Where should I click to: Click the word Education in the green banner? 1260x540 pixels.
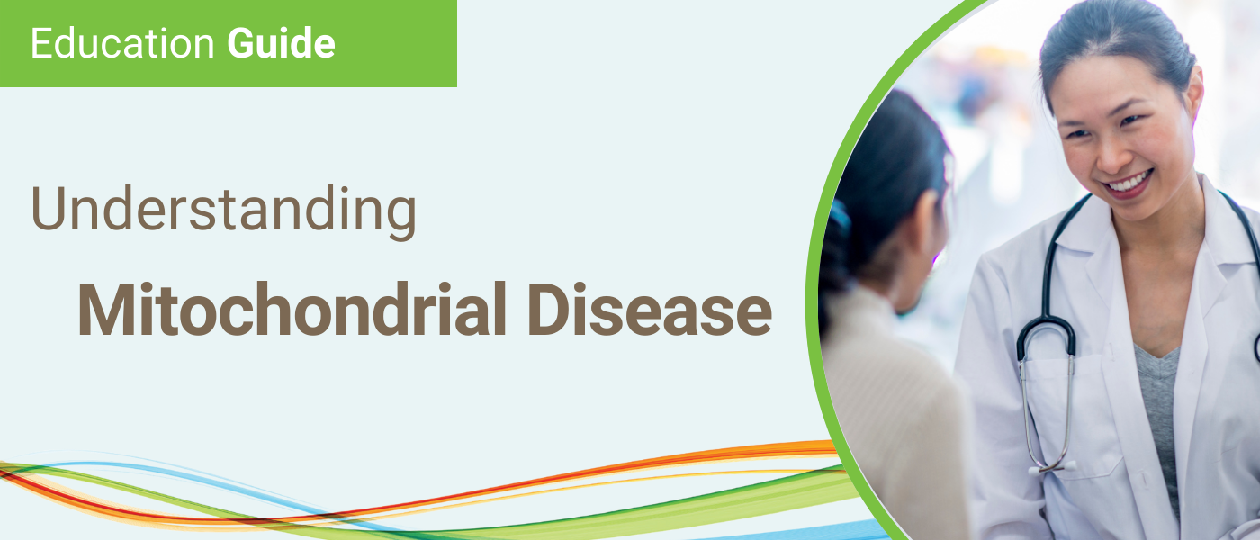point(122,43)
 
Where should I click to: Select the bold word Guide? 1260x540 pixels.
point(281,43)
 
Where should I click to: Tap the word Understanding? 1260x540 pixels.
point(224,211)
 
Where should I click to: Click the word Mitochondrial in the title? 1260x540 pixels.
point(292,310)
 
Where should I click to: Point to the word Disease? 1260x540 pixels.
point(650,310)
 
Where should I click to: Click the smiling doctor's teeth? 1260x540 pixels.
point(1126,184)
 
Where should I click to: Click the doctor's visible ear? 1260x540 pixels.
point(1197,93)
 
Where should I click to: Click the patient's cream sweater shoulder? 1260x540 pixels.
point(877,349)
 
